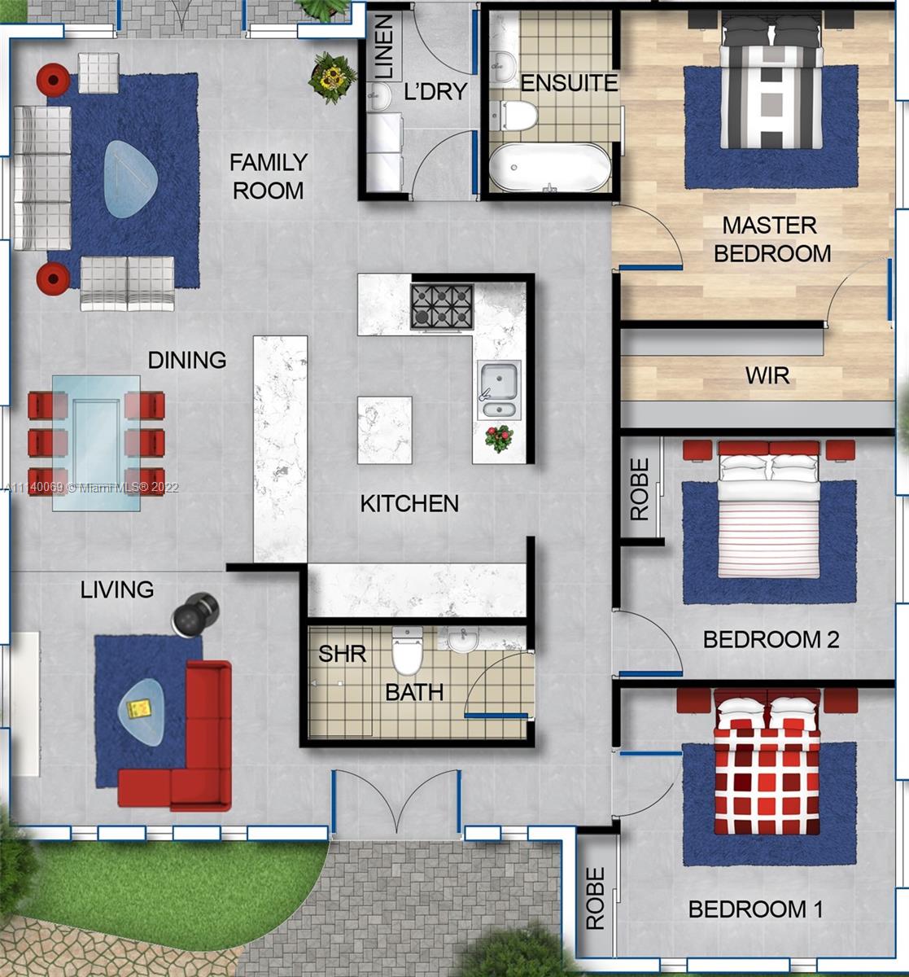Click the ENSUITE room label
coord(569,83)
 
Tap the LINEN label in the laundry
coord(385,46)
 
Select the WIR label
coord(767,375)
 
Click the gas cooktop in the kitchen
coord(442,306)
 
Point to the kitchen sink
coord(499,390)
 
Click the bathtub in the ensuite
coord(550,167)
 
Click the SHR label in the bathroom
coord(343,654)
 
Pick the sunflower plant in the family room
coord(332,77)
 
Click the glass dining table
coord(96,443)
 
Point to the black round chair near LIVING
coord(194,614)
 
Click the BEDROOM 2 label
coord(771,639)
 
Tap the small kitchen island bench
coord(385,430)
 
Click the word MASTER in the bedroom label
coord(769,226)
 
